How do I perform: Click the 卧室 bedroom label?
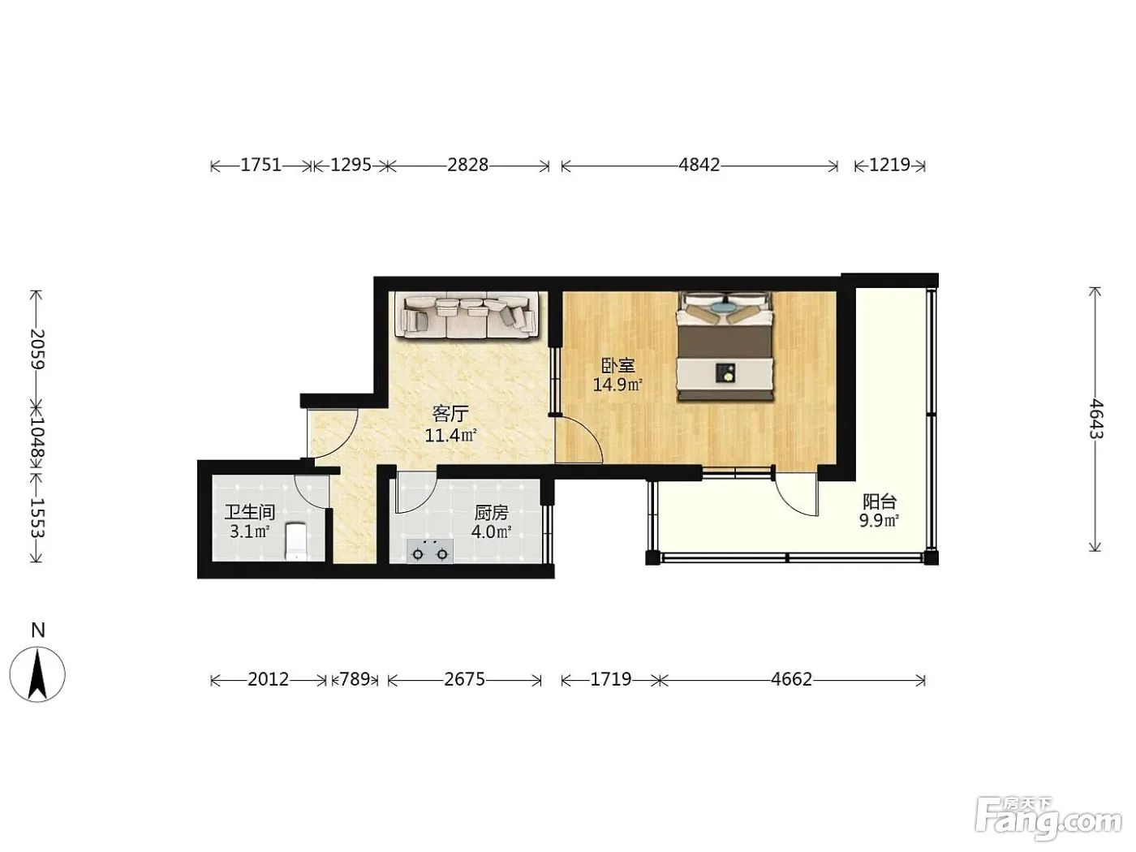(617, 366)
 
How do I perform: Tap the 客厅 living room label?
(450, 414)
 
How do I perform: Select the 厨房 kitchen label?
(491, 513)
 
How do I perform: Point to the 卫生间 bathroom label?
(249, 513)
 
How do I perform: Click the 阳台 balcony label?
(880, 501)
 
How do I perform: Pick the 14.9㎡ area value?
(617, 385)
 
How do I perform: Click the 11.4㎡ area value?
(450, 436)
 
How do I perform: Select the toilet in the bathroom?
(297, 541)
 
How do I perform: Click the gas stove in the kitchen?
(429, 551)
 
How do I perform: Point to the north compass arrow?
(37, 674)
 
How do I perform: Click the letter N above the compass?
(38, 630)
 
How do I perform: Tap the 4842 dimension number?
(699, 165)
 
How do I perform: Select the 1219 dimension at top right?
(889, 165)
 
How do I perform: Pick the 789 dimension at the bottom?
(355, 679)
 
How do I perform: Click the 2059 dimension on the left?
(37, 349)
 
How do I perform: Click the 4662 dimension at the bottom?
(791, 679)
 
